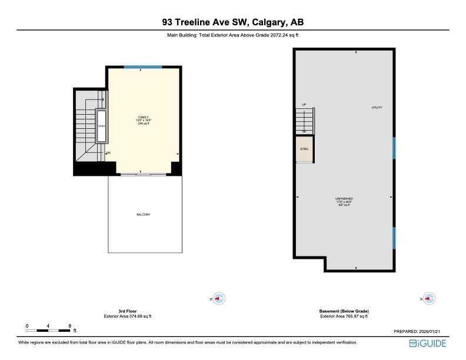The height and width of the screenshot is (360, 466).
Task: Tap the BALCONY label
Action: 144,215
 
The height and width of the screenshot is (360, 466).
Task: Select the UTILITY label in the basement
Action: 377,108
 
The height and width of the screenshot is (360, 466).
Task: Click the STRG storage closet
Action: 304,149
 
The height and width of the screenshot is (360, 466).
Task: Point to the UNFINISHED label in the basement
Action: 344,199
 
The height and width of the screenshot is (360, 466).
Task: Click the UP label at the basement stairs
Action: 304,105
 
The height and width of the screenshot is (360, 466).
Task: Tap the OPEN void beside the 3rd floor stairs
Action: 101,126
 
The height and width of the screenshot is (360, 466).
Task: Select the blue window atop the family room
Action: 144,67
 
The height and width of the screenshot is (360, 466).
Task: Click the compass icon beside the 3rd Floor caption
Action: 219,299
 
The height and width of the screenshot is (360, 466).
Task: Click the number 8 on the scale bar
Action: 70,325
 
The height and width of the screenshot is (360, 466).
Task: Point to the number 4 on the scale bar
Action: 48,325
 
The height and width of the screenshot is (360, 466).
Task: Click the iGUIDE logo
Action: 428,343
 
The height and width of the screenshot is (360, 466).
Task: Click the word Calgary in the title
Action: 269,23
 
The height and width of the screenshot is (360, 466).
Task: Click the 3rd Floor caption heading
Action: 127,311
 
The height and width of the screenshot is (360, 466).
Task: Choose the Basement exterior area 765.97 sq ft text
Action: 344,316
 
